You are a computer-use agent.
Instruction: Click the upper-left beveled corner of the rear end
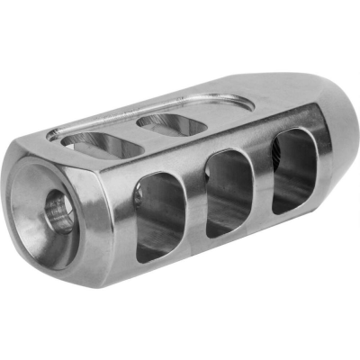36,157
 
